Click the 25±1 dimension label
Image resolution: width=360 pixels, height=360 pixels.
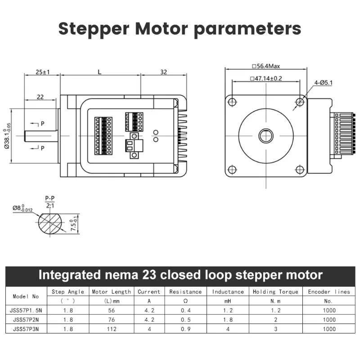[x=42, y=72]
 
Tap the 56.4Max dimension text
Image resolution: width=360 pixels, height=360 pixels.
[x=266, y=66]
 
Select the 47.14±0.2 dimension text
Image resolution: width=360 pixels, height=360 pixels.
[x=266, y=78]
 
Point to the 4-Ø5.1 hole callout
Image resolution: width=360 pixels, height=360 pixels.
[x=323, y=83]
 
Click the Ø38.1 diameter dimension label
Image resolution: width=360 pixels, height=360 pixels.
[x=7, y=136]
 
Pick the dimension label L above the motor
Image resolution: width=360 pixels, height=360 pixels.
[x=99, y=72]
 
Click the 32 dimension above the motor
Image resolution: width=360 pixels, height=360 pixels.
[x=163, y=72]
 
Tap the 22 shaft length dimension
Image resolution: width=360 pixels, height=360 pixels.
[x=40, y=97]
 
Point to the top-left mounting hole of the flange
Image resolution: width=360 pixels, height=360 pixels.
[x=232, y=102]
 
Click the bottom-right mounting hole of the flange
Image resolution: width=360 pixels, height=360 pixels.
[x=300, y=170]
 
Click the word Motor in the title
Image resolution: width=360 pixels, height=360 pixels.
[x=162, y=29]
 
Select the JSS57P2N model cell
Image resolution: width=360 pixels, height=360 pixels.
[x=26, y=319]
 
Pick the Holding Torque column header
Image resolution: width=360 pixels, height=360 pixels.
[x=275, y=292]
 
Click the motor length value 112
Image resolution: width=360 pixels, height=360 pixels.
[x=112, y=329]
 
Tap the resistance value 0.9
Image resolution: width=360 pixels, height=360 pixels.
[x=185, y=329]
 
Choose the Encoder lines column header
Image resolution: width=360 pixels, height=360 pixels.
[x=329, y=292]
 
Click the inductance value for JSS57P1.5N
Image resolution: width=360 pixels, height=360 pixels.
[x=228, y=310]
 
